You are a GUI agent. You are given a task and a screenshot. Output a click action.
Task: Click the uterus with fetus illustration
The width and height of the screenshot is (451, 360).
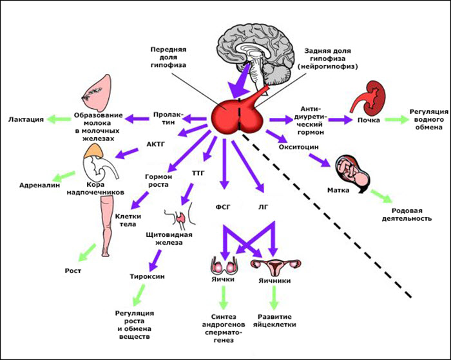point(351,169)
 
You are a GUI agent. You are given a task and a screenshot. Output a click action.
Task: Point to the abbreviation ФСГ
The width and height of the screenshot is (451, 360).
point(222,207)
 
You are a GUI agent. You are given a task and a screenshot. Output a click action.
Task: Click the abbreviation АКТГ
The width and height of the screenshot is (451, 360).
point(156,144)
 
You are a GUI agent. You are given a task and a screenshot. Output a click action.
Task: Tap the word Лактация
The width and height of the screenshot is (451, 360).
point(26,119)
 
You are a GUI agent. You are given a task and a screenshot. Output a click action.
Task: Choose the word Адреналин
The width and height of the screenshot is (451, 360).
point(34,184)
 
